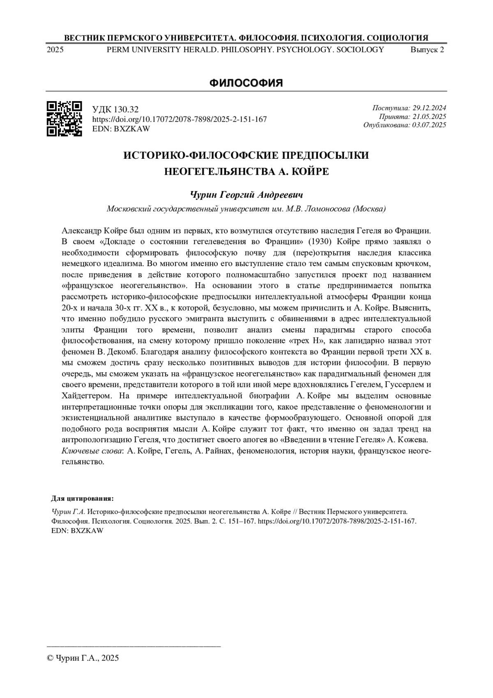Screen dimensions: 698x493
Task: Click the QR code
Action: [x=64, y=118]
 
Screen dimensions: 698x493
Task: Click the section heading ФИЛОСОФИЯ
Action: [x=246, y=83]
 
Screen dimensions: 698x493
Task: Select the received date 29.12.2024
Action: [x=429, y=108]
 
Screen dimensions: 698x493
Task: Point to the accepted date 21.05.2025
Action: [x=429, y=116]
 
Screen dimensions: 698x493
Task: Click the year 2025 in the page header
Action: [x=55, y=50]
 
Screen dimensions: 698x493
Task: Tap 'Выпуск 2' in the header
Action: [x=427, y=50]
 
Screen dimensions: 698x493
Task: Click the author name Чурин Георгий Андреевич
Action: [x=246, y=194]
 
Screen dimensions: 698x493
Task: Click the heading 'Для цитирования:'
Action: [x=82, y=499]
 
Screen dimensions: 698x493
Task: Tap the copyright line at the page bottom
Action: [x=83, y=658]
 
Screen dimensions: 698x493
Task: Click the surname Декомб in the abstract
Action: [x=127, y=352]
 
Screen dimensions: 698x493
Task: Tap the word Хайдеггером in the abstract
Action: [x=86, y=396]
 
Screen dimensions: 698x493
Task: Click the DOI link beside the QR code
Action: [x=180, y=119]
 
